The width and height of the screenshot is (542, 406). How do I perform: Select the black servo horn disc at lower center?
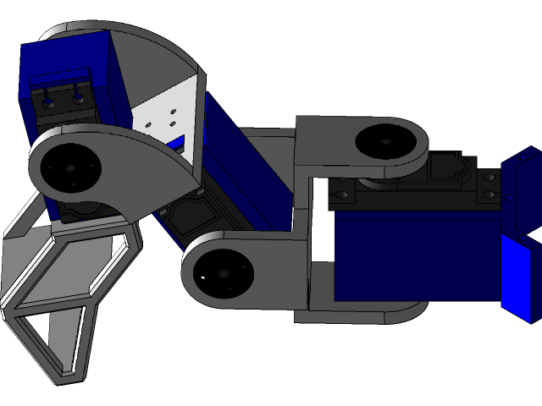[223, 275]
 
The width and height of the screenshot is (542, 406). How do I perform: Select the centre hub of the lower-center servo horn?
[223, 275]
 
